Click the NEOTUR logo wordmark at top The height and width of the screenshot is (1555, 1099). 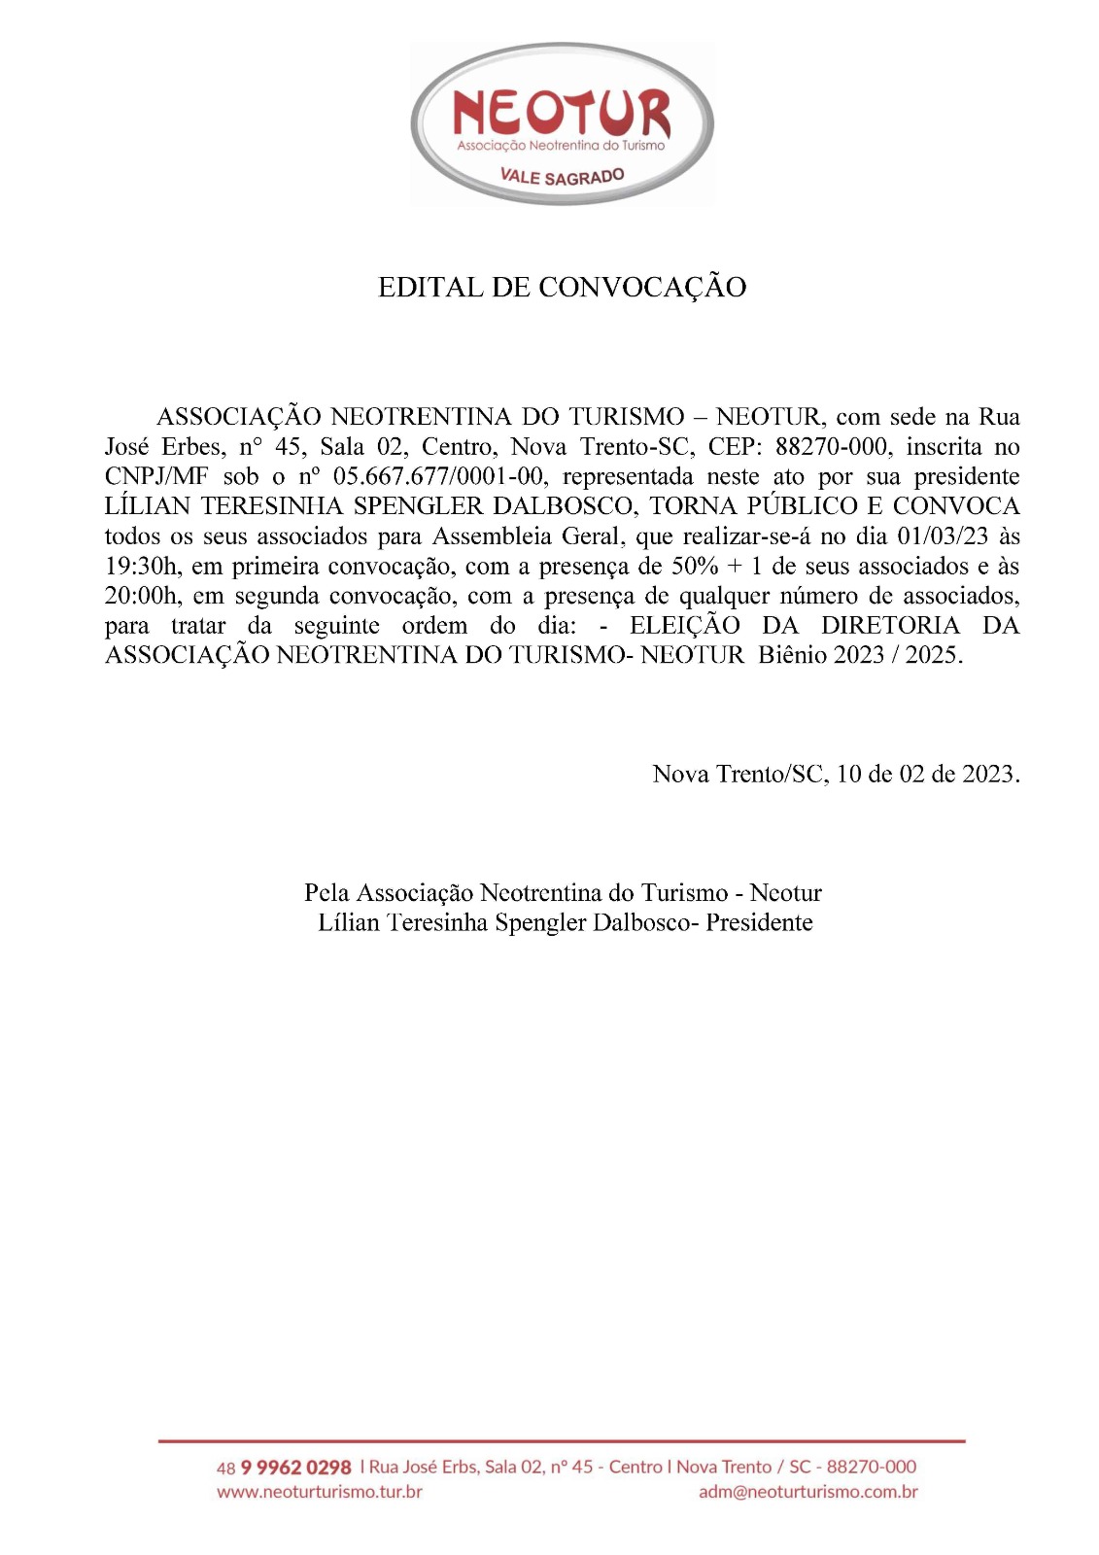[x=562, y=114]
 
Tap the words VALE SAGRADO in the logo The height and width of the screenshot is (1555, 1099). [x=562, y=176]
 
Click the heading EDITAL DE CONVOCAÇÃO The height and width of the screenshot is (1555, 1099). [x=562, y=288]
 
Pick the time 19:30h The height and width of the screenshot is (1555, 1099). [x=141, y=567]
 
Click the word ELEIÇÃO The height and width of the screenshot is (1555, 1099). [x=685, y=625]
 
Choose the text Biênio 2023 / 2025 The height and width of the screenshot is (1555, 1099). [x=860, y=655]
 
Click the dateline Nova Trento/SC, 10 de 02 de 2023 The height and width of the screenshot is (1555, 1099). [x=836, y=775]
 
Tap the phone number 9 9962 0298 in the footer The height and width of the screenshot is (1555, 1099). [x=295, y=1467]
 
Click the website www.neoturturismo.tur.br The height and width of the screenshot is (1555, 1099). [x=319, y=1492]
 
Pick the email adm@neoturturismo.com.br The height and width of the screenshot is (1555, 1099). [x=807, y=1492]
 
